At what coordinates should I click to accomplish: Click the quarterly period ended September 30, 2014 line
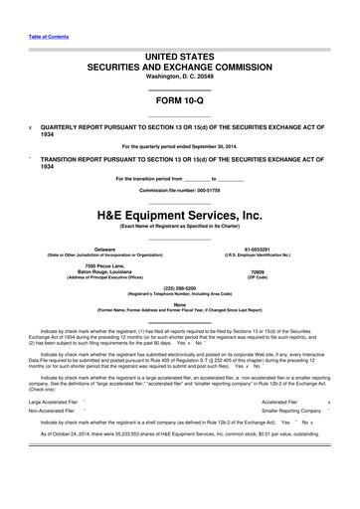(x=180, y=146)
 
